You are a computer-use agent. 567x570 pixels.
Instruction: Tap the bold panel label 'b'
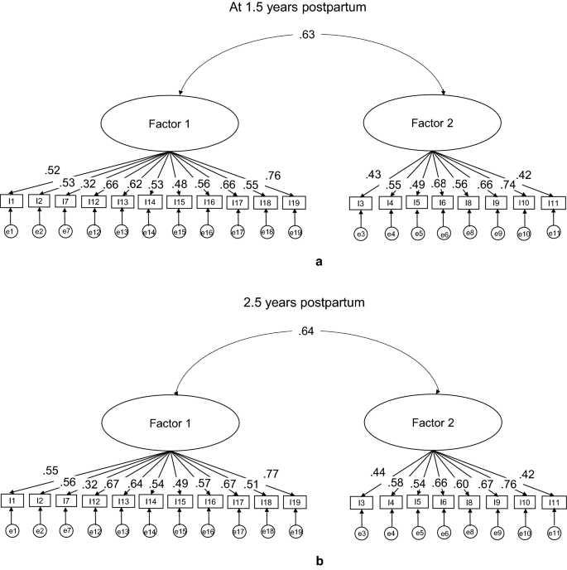(x=320, y=562)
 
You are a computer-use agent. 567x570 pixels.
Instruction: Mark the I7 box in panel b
(x=65, y=500)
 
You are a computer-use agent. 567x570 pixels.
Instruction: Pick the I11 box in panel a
(x=553, y=203)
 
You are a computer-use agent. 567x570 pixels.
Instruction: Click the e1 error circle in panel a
(x=12, y=231)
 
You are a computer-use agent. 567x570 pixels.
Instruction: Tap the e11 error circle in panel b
(x=553, y=531)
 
